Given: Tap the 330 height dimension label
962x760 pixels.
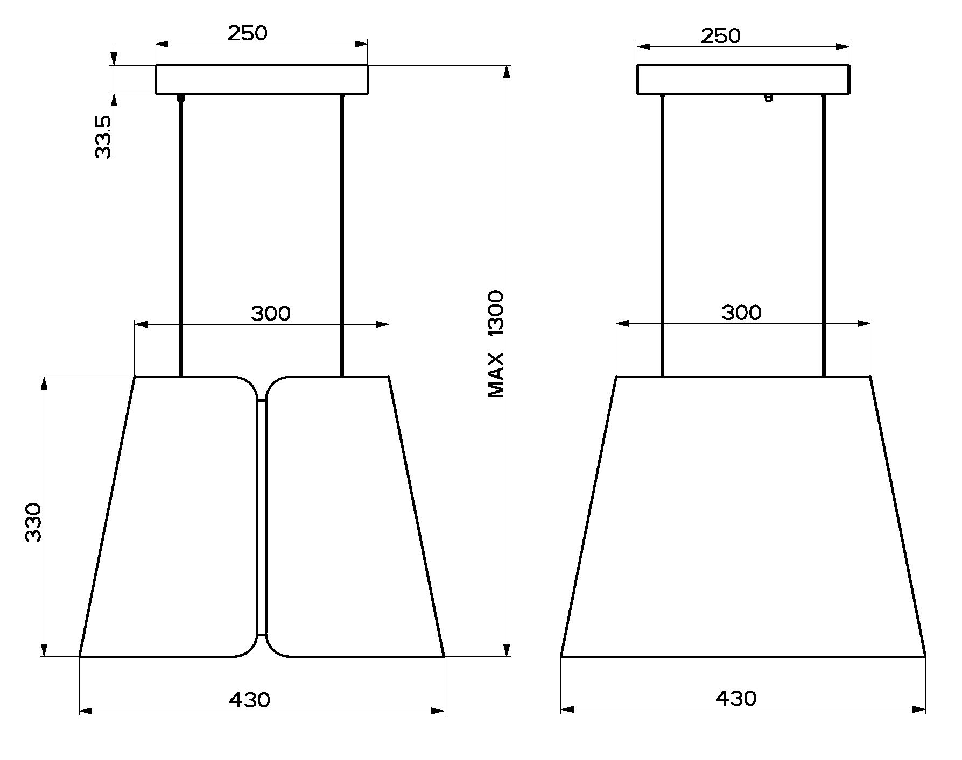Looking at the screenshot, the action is coord(34,522).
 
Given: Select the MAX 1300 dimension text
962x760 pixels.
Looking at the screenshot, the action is coord(495,344).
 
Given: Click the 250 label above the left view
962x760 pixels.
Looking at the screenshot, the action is coord(247,33).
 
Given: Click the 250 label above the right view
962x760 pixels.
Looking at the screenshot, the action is coord(721,35).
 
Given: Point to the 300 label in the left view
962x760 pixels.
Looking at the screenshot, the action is coord(271,313).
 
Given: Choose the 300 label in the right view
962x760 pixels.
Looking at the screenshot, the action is coord(741,312).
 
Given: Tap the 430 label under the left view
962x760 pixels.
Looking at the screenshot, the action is coord(250,700).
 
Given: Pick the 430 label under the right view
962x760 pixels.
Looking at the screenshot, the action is coord(736,698).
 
